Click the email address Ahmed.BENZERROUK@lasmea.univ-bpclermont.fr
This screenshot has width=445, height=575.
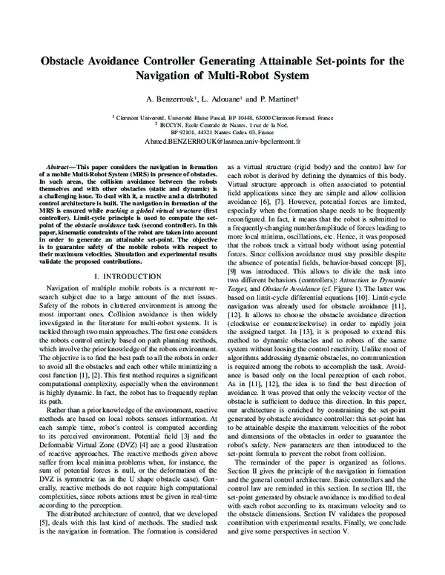click(222, 139)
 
